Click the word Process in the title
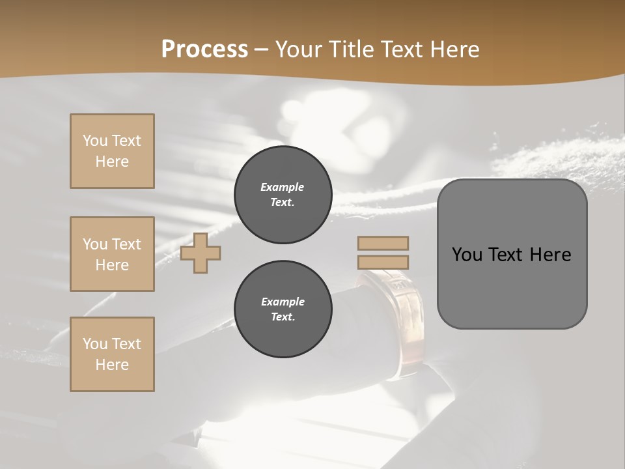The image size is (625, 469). pyautogui.click(x=204, y=50)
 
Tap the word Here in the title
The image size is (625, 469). pyautogui.click(x=452, y=50)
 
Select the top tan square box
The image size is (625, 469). pyautogui.click(x=112, y=151)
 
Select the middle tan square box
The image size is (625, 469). pyautogui.click(x=112, y=254)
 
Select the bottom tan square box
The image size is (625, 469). pyautogui.click(x=112, y=354)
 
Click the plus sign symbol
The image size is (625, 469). pyautogui.click(x=201, y=253)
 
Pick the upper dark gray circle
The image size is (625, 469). pyautogui.click(x=283, y=194)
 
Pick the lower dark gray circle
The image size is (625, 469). pyautogui.click(x=283, y=309)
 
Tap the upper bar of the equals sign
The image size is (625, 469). pyautogui.click(x=383, y=243)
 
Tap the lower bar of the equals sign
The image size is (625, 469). pyautogui.click(x=383, y=262)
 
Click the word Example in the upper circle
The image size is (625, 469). pyautogui.click(x=283, y=187)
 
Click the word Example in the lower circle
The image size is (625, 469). pyautogui.click(x=283, y=302)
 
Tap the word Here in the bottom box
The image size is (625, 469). pyautogui.click(x=112, y=365)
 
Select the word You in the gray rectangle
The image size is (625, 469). pyautogui.click(x=467, y=255)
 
